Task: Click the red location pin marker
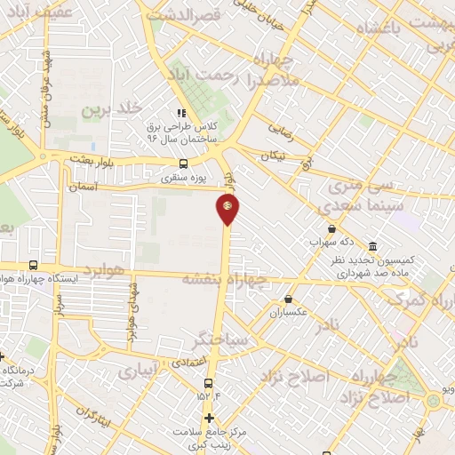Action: tap(227, 209)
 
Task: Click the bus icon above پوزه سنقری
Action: tap(183, 164)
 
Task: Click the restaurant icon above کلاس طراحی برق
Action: tap(181, 114)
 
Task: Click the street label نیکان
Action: tap(273, 156)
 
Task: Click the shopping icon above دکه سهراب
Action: tap(331, 228)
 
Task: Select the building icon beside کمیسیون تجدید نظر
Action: tap(371, 245)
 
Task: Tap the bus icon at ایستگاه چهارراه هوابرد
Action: tap(33, 265)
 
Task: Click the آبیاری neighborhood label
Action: tap(140, 367)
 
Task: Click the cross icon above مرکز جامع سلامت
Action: tap(209, 418)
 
